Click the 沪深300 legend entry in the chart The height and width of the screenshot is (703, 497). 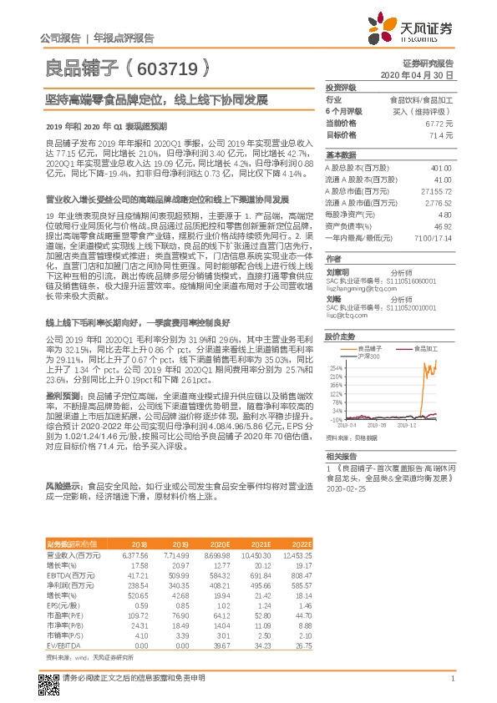click(x=368, y=356)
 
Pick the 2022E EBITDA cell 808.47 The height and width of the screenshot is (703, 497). click(x=299, y=575)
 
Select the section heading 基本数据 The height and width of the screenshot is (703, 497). click(x=340, y=155)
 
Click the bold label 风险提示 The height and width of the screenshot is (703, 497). click(x=63, y=484)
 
